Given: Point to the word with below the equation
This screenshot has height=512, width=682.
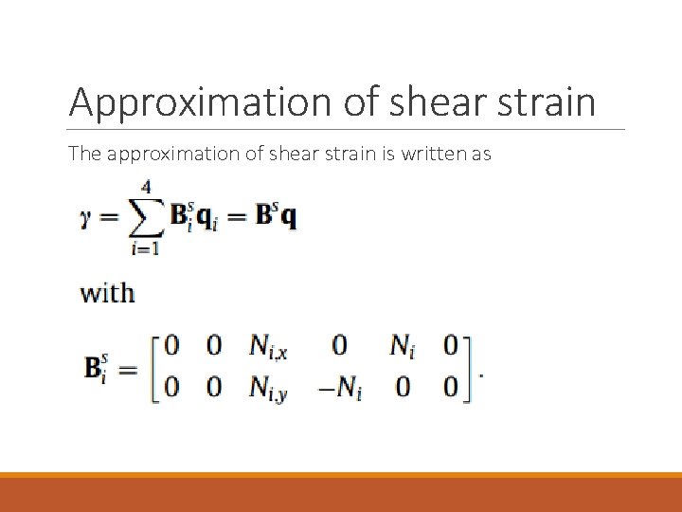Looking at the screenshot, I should coord(107,293).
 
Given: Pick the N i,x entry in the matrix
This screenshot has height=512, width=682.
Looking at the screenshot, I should coord(270,348).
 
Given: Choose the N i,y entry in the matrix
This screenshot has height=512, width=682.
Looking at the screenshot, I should coord(270,388).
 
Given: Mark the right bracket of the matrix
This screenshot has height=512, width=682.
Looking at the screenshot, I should coord(467,368).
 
